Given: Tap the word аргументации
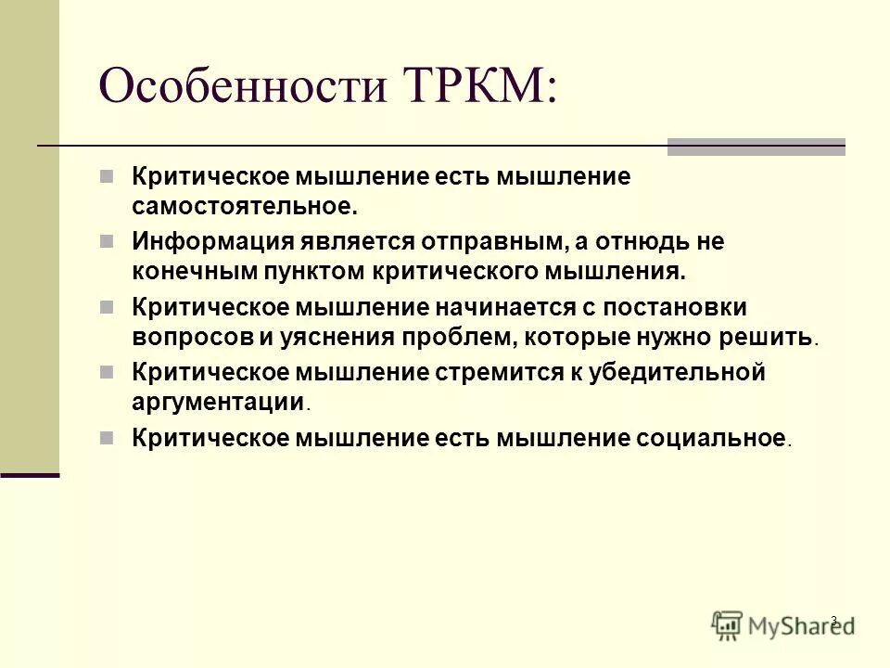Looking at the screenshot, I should click(218, 401).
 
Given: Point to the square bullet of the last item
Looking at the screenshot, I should click(108, 436).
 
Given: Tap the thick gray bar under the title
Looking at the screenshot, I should click(756, 147).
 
